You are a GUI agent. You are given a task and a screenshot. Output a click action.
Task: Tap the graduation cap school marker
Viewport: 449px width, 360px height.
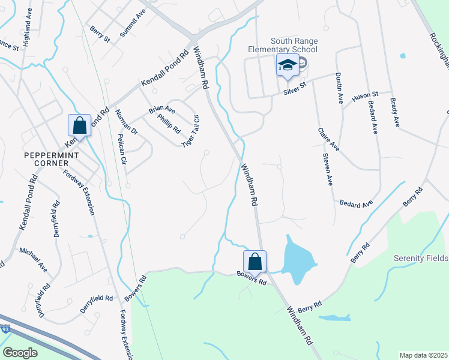tap(288, 65)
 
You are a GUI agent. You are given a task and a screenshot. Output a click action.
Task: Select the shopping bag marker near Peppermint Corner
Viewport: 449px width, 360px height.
tap(79, 126)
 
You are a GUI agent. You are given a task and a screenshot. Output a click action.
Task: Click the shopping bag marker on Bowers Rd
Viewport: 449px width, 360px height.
tap(255, 262)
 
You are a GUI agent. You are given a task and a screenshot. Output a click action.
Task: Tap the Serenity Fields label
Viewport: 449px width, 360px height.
tap(421, 258)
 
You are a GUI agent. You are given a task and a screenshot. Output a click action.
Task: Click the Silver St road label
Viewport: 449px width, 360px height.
tap(295, 89)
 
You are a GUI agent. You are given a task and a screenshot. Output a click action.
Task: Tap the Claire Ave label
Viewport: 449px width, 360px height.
tap(329, 139)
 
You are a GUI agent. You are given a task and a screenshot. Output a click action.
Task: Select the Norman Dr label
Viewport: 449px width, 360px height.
tap(127, 122)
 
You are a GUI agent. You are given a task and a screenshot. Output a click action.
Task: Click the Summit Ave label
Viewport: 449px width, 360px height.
tap(133, 23)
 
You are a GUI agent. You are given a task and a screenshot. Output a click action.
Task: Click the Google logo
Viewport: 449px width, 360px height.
tap(20, 353)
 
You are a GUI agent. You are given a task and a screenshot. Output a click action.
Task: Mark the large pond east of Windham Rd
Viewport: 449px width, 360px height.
tap(300, 257)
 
